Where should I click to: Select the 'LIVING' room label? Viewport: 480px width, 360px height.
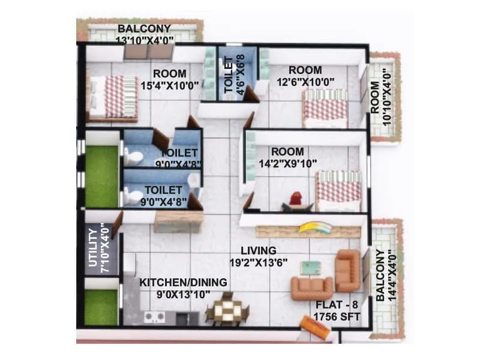[x=258, y=250]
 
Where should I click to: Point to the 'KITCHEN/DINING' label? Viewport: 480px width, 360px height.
[x=183, y=282]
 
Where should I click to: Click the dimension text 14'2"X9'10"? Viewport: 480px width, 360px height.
[x=286, y=163]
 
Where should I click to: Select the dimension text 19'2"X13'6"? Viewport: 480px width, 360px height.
[x=259, y=262]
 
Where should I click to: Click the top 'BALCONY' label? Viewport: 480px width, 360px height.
[x=144, y=29]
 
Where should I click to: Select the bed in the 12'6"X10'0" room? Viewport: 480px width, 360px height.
[x=325, y=108]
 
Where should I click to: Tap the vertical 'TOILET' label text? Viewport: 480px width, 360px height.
[x=229, y=73]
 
